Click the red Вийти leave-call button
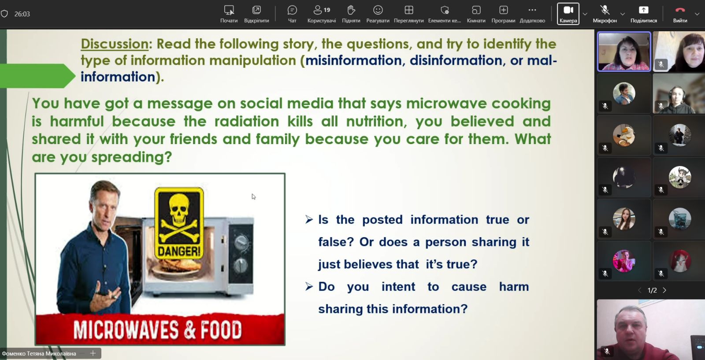680,14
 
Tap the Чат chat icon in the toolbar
292,11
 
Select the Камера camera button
568,14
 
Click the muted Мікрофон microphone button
605,14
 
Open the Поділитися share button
644,14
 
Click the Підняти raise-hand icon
351,11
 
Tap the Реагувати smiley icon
378,11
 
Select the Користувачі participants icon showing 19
321,11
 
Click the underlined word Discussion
115,44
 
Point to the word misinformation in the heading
353,60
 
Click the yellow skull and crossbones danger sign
179,223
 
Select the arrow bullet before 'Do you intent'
309,286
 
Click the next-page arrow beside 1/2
664,290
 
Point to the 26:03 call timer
22,14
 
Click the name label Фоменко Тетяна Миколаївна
39,353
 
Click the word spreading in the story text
132,157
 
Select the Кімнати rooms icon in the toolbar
476,11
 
